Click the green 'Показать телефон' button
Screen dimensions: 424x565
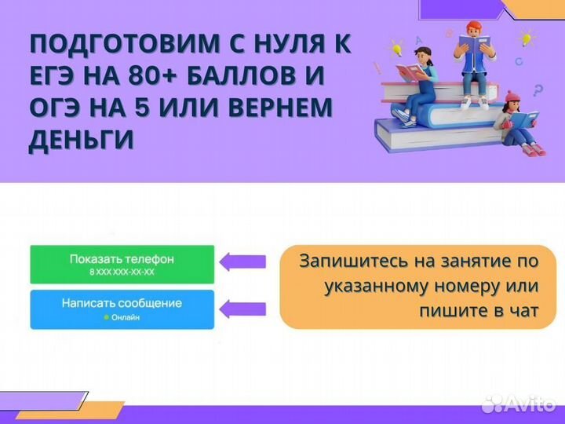coord(122,264)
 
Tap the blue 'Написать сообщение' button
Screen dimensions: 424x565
coord(122,309)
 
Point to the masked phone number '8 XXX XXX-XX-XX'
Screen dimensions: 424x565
coord(122,272)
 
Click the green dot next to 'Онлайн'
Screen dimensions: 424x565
coord(106,317)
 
